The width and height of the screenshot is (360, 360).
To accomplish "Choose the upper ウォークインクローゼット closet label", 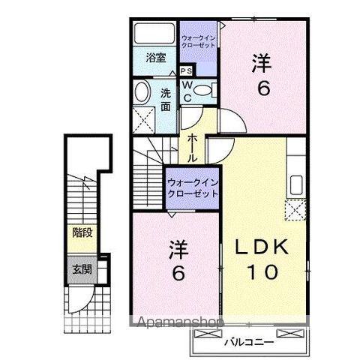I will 199,40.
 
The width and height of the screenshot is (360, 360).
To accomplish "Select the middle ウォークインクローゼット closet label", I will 193,186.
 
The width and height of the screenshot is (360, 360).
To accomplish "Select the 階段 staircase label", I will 82,232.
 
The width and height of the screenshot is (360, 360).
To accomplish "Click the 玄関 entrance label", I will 82,268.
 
